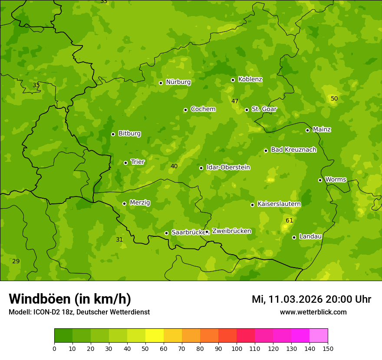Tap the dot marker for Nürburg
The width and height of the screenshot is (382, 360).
pos(161,83)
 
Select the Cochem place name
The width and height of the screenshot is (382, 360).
pos(203,109)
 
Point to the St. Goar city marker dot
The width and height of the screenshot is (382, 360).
pos(247,110)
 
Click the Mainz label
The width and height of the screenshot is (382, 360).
pos(322,129)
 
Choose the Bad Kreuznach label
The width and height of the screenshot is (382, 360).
pos(293,150)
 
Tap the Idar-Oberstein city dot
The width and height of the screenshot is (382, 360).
pos(201,168)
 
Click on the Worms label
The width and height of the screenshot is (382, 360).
pos(335,179)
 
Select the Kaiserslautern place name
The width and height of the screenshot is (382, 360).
pos(279,203)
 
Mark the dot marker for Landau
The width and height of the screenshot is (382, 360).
pos(294,237)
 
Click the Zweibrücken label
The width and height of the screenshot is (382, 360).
pos(231,231)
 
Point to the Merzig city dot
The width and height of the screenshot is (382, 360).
pos(124,203)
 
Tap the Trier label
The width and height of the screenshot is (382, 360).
pos(138,162)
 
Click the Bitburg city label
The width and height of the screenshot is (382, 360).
pos(129,133)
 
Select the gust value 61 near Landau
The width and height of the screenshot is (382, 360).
pos(289,220)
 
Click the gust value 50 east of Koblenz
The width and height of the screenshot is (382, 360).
pos(334,98)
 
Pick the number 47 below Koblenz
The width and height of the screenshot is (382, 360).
pos(235,101)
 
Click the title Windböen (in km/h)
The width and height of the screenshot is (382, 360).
pos(70,299)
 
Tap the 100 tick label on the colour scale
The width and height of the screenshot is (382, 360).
pos(237,348)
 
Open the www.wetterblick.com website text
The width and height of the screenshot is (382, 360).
pos(313,312)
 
